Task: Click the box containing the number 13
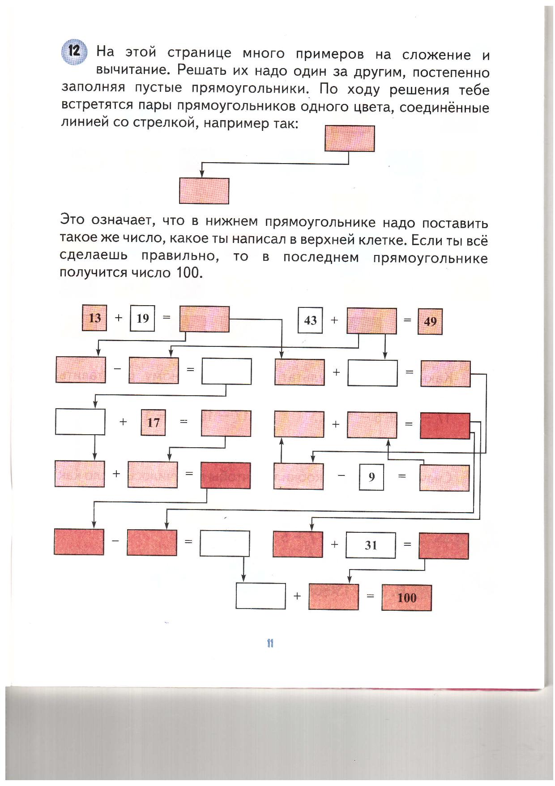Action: click(x=94, y=318)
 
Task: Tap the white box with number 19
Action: click(x=142, y=318)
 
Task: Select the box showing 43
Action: click(x=310, y=320)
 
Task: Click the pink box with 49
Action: click(x=430, y=321)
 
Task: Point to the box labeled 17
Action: click(x=153, y=423)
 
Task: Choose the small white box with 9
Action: click(x=371, y=477)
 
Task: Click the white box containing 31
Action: click(x=371, y=545)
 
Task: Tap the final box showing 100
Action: click(x=406, y=597)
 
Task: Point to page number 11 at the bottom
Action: click(x=270, y=643)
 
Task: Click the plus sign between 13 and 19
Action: click(x=119, y=318)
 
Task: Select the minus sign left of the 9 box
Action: click(x=342, y=475)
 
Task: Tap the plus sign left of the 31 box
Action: click(x=334, y=544)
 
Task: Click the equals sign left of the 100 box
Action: click(x=370, y=596)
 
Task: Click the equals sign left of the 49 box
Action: click(x=407, y=320)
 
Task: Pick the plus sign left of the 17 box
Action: click(x=123, y=422)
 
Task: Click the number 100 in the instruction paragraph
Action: click(x=188, y=272)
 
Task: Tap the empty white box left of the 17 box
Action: click(x=80, y=422)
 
